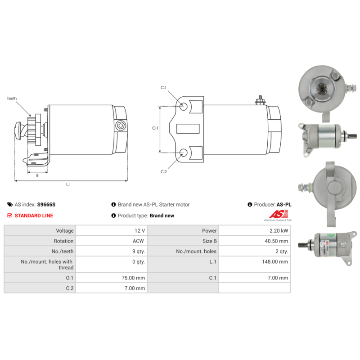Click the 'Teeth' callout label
coord(12,99)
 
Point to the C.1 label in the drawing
coord(163,88)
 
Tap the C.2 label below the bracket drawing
coord(164,172)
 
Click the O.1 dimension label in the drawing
coord(155,128)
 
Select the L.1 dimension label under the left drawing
coord(68,184)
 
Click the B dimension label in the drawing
coord(37,175)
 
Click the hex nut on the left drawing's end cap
coord(121,126)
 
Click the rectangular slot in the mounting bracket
coord(188,129)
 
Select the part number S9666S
coord(46,205)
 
